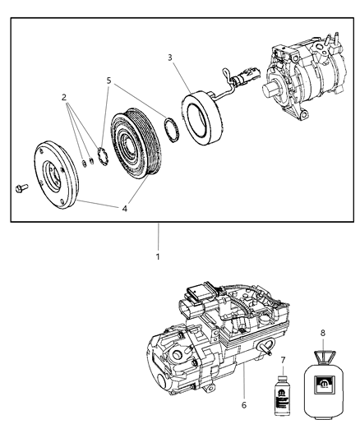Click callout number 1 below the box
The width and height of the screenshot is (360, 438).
click(x=159, y=256)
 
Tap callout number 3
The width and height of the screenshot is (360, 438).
click(x=169, y=58)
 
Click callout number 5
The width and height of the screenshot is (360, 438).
click(x=108, y=81)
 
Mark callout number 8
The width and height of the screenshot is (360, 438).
click(x=322, y=334)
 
